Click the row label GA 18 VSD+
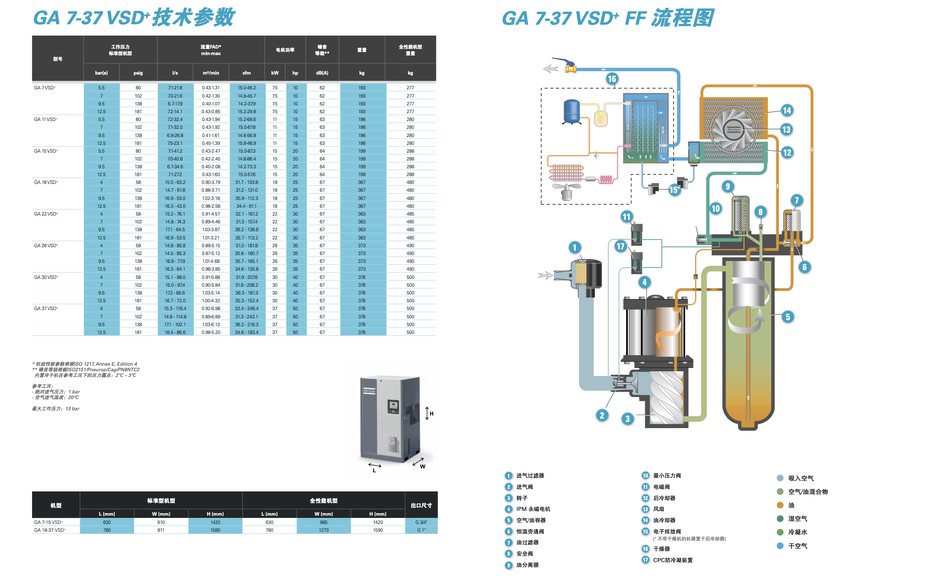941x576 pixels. coord(46,182)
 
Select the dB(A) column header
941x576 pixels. coord(322,73)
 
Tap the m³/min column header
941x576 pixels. coord(211,73)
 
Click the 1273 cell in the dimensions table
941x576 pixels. coord(323,530)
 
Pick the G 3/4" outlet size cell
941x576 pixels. coord(421,522)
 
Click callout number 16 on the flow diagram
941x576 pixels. coord(612,79)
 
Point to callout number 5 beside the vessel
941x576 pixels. coord(788,317)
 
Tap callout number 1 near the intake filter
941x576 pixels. coord(575,248)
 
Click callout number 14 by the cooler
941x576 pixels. coord(787,111)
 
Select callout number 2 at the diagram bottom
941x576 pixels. coord(602,416)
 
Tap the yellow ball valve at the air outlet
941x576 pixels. coord(571,68)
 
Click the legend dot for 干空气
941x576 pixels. coord(780,546)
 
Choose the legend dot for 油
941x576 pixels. coord(780,505)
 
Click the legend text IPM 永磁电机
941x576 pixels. coord(533,509)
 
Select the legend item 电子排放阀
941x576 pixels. coord(667,531)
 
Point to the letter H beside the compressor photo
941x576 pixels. coord(431,414)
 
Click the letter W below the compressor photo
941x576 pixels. coord(422,467)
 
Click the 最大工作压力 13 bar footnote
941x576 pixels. coord(56,409)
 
